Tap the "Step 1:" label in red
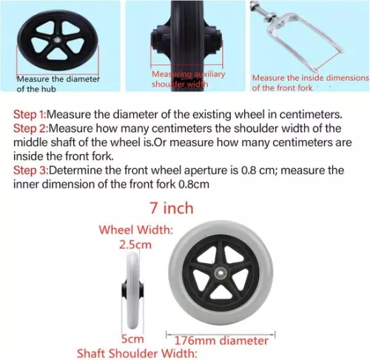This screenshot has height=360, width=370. tap(31, 115)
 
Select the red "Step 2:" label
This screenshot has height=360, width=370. tap(31, 129)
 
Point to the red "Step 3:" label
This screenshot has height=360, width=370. tap(31, 170)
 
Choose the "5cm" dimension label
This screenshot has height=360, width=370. tap(132, 339)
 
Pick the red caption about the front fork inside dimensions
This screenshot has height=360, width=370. tap(309, 82)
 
